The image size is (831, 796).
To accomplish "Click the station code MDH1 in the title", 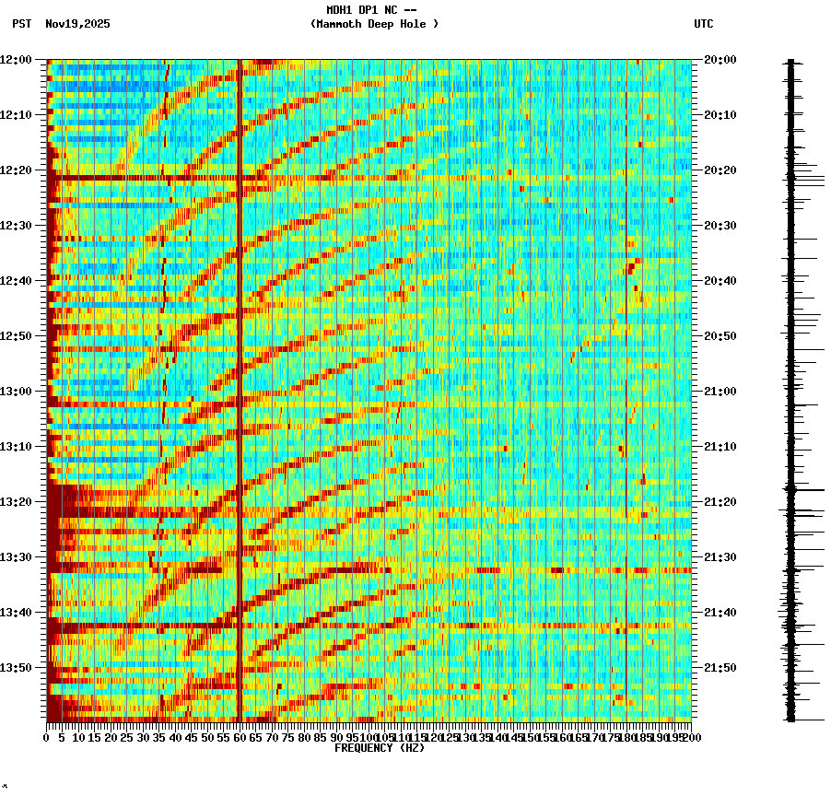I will point(342,10).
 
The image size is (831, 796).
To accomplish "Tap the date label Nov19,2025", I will point(77,24).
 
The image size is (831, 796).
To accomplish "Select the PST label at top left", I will point(22,24).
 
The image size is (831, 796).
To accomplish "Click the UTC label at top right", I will point(703,24).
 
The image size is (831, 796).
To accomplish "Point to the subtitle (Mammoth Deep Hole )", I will point(374,24).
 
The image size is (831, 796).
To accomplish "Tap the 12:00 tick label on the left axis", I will point(16,60).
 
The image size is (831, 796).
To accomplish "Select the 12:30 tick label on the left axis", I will point(16,226).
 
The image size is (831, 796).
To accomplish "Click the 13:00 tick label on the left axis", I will point(16,392).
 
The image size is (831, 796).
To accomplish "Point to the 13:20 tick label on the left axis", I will point(16,502).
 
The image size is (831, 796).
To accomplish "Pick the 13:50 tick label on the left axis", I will point(16,668).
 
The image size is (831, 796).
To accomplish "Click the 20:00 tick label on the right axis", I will point(720,60).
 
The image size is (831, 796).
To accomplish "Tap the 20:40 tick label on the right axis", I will point(720,281).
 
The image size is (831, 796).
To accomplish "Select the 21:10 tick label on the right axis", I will point(720,447).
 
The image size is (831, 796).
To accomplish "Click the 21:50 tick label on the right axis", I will point(720,668).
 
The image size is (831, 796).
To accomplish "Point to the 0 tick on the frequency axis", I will point(47,738).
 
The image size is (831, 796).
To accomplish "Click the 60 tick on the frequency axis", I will point(240,738).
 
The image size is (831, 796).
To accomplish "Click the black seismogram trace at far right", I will point(790,387).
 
